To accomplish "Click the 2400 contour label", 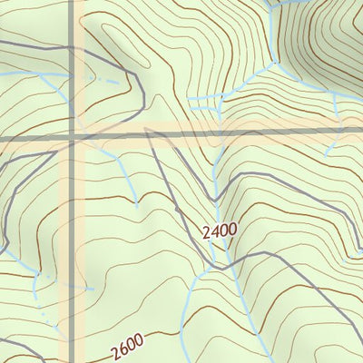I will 220,231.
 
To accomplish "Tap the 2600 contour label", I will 131,346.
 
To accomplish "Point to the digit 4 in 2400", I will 216,231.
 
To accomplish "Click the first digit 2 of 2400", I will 208,235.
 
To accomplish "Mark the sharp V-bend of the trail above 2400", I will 212,199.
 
